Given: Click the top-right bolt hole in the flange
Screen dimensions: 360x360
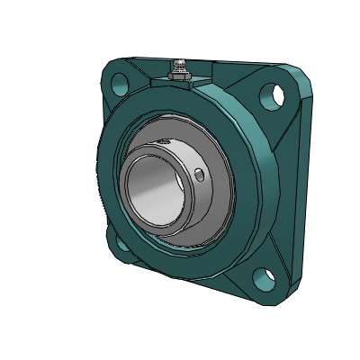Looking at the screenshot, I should [x=269, y=93].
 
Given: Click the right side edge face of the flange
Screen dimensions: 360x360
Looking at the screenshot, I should [x=292, y=180].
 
